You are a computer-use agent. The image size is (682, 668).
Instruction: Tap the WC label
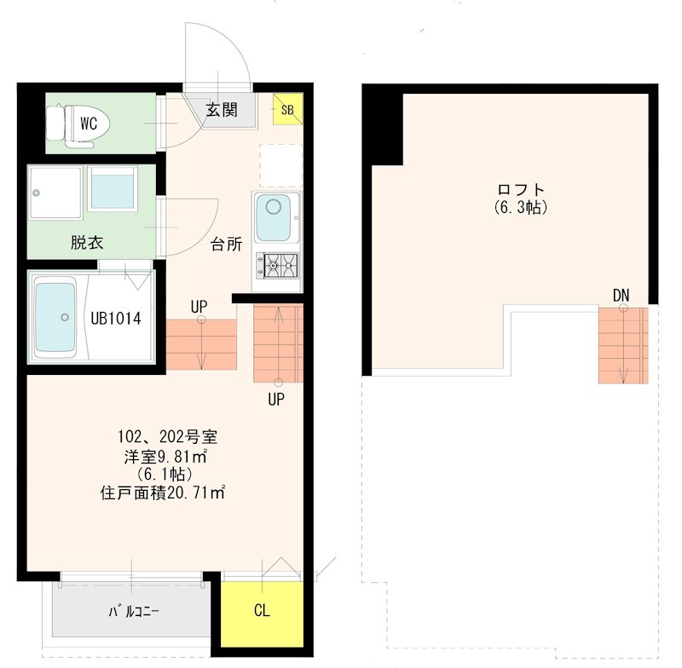click(x=90, y=124)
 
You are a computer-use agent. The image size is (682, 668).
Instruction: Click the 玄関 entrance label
click(x=222, y=110)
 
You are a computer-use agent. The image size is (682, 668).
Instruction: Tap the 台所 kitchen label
click(x=227, y=245)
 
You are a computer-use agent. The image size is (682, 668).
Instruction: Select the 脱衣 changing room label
click(x=86, y=242)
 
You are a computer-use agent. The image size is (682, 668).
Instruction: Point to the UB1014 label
click(x=116, y=319)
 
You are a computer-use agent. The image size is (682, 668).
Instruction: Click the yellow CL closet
click(x=263, y=611)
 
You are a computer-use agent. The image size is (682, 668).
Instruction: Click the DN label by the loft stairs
click(x=621, y=295)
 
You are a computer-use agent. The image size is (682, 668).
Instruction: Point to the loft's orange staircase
click(x=622, y=344)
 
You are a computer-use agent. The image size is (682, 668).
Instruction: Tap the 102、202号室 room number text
click(x=168, y=438)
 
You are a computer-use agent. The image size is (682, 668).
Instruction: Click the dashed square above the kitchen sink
click(x=280, y=166)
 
